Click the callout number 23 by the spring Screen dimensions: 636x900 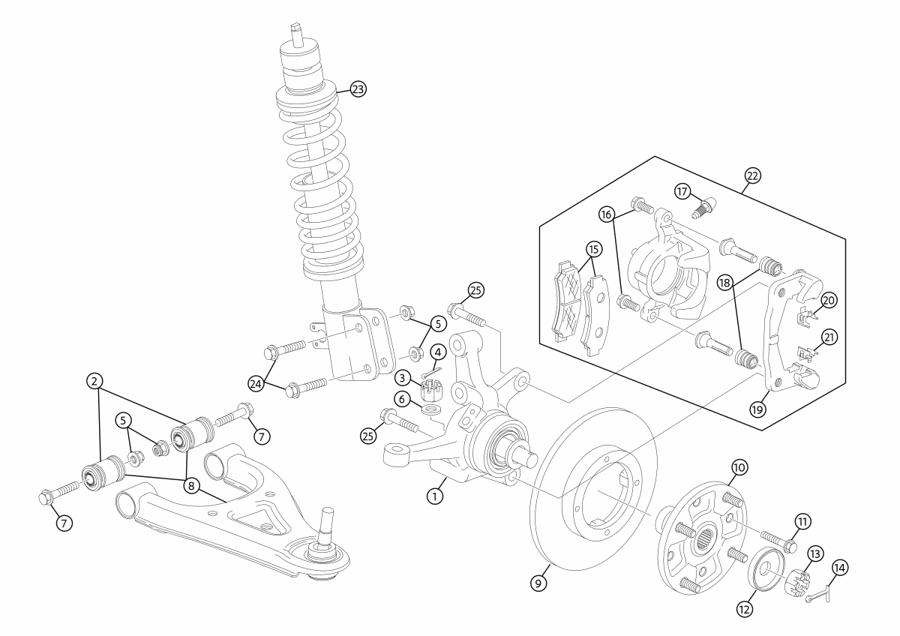[x=358, y=89]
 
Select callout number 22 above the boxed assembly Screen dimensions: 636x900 [x=752, y=175]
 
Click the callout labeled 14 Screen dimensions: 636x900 [x=840, y=568]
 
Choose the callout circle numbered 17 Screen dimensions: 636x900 [x=682, y=192]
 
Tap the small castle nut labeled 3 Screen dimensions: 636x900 [x=430, y=390]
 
